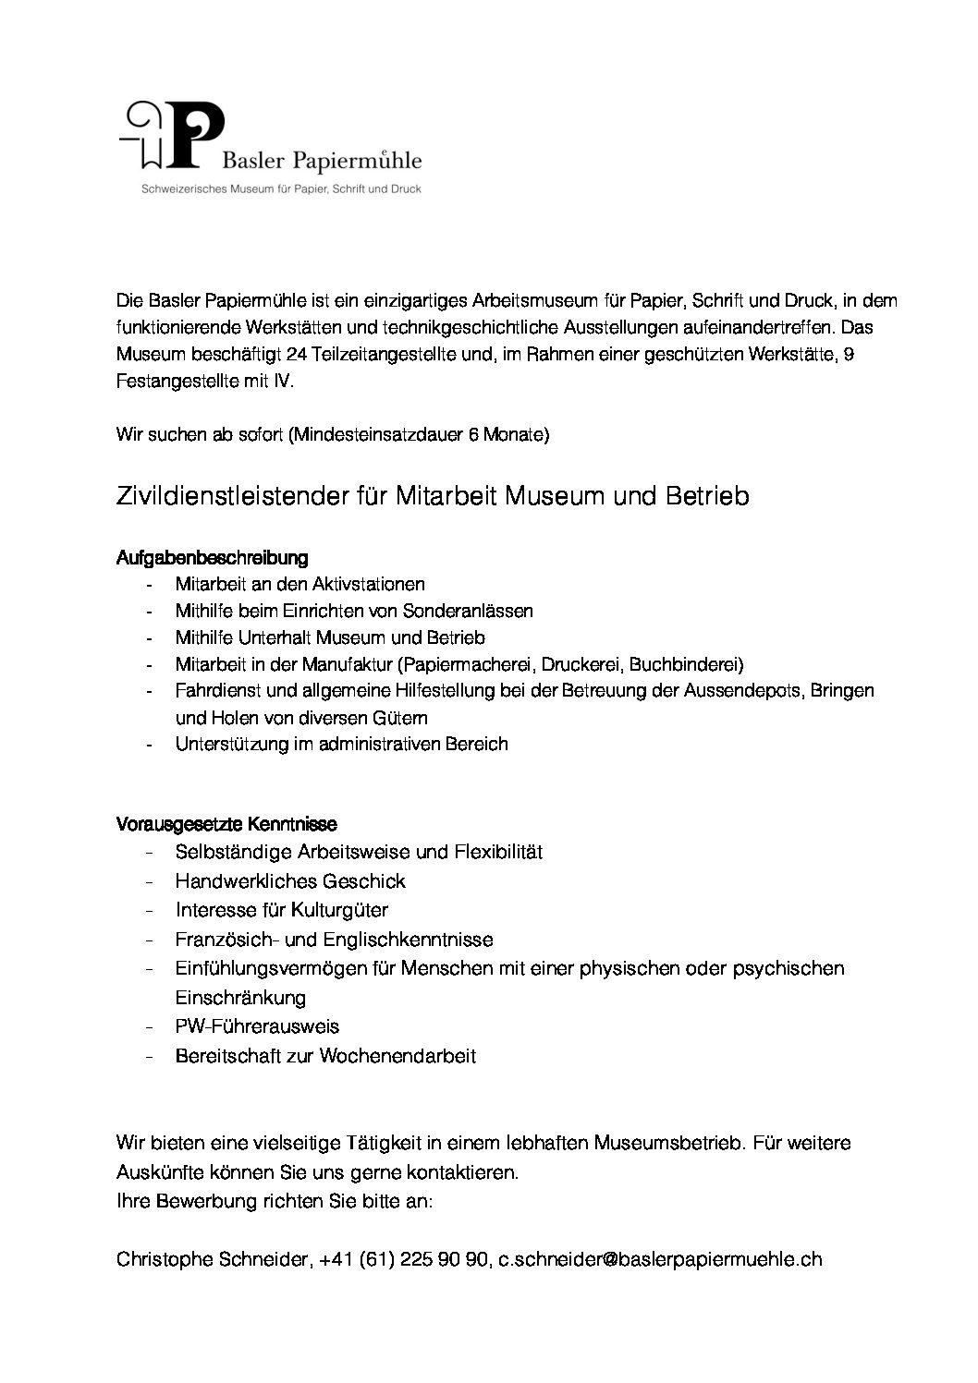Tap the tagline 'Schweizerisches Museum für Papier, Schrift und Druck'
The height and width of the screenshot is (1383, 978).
[280, 188]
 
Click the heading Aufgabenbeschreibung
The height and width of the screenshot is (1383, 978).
[212, 558]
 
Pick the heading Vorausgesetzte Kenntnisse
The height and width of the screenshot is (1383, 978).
[226, 822]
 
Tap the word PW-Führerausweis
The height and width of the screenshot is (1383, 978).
[257, 1026]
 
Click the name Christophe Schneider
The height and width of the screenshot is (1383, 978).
[212, 1259]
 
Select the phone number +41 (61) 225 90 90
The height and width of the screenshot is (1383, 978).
[404, 1259]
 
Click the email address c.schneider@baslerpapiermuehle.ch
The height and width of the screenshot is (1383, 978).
[660, 1259]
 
